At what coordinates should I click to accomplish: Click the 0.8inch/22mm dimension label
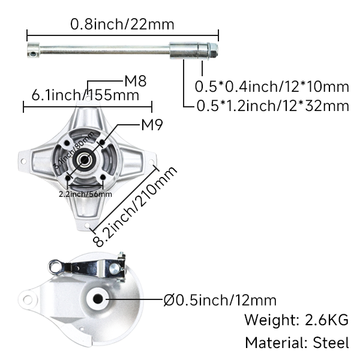122,25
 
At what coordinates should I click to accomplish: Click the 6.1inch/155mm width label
86,95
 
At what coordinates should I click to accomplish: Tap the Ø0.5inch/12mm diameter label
220,299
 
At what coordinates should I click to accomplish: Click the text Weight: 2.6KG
296,319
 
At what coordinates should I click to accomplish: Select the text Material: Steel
296,343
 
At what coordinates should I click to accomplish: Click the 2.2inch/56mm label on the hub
85,194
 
